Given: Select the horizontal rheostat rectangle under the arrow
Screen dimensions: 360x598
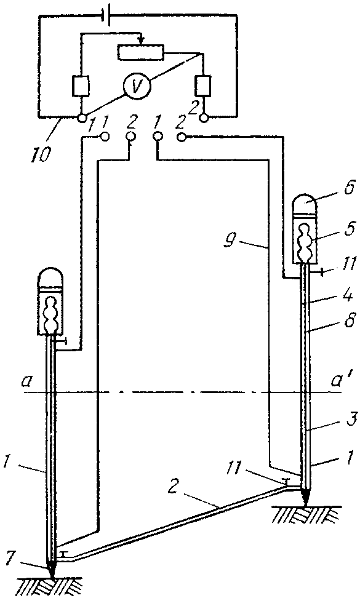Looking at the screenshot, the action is tap(141, 53).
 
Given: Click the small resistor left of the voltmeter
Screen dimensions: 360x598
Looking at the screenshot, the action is tap(81, 85).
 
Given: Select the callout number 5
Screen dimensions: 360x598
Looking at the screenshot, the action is tap(348, 229).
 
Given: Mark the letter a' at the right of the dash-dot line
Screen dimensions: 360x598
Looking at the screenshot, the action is tap(338, 380).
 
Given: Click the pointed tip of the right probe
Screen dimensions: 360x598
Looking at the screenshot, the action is tap(305, 506).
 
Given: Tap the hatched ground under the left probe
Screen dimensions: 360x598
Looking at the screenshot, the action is tap(51, 586).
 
